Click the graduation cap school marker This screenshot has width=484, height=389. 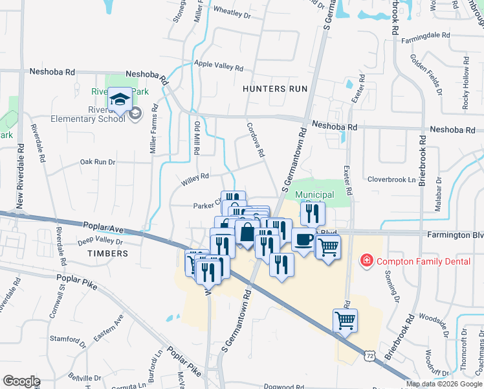pyautogui.click(x=120, y=100)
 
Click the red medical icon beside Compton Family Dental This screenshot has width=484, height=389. pyautogui.click(x=366, y=261)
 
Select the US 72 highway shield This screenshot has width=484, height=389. pyautogui.click(x=369, y=356)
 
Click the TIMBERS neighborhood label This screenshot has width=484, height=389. pyautogui.click(x=104, y=253)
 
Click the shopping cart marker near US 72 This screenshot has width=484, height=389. pyautogui.click(x=345, y=320)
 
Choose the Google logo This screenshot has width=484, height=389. pyautogui.click(x=22, y=381)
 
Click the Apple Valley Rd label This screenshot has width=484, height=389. pyautogui.click(x=219, y=66)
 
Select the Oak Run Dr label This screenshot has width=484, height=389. pyautogui.click(x=97, y=162)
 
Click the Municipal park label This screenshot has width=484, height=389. pyautogui.click(x=314, y=194)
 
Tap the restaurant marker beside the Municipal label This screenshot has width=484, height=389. pyautogui.click(x=313, y=213)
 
